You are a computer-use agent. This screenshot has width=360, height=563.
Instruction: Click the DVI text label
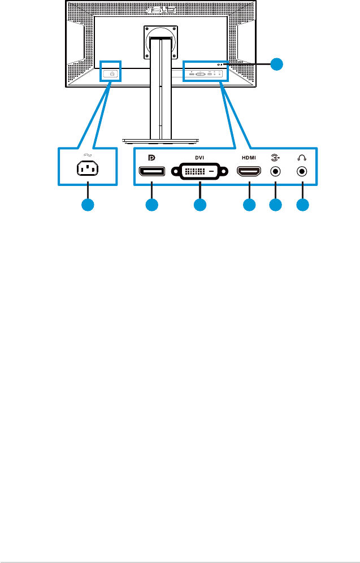(199, 157)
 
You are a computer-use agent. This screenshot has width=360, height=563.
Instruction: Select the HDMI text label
(249, 157)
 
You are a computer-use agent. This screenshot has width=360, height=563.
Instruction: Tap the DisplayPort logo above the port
(150, 157)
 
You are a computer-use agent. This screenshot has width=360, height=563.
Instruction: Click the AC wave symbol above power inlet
(88, 155)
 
